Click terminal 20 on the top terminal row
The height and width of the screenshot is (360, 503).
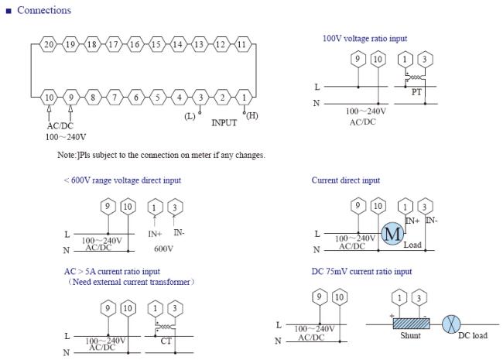click(49, 44)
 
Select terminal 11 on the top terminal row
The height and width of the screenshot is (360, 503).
click(242, 44)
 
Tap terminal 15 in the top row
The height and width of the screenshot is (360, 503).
click(156, 44)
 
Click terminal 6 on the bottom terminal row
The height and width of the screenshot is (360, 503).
click(135, 98)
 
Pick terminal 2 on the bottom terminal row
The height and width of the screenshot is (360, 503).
click(222, 98)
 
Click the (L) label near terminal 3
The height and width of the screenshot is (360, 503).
click(190, 116)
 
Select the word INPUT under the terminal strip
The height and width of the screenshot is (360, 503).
click(224, 122)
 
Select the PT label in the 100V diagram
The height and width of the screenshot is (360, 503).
click(416, 91)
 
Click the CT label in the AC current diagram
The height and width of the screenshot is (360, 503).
click(166, 340)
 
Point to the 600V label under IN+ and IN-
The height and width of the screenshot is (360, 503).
click(163, 249)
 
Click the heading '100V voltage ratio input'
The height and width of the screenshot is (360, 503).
click(364, 38)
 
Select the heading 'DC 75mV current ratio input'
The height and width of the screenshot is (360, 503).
click(361, 272)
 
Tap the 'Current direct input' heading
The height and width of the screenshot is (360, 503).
click(345, 180)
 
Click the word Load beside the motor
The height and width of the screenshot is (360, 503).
click(412, 245)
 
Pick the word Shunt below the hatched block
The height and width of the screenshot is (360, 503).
click(410, 337)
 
